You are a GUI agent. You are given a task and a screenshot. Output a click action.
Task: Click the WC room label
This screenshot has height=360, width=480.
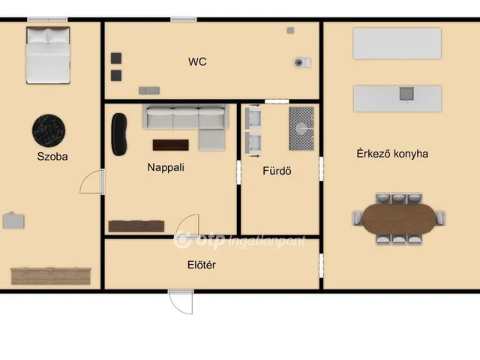click(x=197, y=61)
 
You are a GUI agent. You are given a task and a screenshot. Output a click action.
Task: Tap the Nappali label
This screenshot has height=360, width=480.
click(x=166, y=168)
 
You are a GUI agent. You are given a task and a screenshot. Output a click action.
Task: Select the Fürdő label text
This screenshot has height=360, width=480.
click(x=277, y=171)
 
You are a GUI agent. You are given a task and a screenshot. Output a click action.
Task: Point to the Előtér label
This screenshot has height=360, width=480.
click(x=202, y=265)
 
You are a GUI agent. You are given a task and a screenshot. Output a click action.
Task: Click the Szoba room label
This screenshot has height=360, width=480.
click(x=52, y=157)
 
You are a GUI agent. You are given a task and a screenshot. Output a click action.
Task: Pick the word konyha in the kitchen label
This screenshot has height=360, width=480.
click(x=410, y=154)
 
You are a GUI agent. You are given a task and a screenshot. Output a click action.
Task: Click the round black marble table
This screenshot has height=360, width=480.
click(x=49, y=130)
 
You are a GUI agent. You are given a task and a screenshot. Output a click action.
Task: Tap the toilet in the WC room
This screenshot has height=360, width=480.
click(x=302, y=62)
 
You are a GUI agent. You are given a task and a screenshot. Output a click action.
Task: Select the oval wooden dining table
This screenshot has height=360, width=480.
click(x=399, y=219)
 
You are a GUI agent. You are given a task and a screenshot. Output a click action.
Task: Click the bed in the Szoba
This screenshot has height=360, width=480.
click(x=48, y=55)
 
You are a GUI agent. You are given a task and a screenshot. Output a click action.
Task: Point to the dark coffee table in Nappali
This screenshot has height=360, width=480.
click(x=170, y=145)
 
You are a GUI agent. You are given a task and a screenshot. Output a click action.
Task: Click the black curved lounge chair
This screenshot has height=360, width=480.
click(x=118, y=134)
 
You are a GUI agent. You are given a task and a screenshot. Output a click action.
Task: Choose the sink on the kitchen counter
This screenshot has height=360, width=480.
click(x=406, y=94)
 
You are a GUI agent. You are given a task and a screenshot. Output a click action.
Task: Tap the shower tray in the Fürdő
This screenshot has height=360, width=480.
click(x=301, y=128)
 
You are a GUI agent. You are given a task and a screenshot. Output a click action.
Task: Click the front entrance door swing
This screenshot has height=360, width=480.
click(x=181, y=302)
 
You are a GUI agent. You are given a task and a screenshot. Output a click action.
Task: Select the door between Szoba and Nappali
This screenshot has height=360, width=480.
click(x=91, y=181)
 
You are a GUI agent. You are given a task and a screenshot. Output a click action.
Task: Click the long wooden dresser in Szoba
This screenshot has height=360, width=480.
click(x=51, y=276)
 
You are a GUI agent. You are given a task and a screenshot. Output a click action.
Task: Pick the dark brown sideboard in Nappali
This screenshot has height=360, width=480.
click(x=136, y=226)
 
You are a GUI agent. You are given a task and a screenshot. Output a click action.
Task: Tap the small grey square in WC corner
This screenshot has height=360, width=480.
click(x=290, y=30)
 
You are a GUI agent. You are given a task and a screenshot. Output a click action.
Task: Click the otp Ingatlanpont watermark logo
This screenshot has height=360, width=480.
click(x=239, y=240)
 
